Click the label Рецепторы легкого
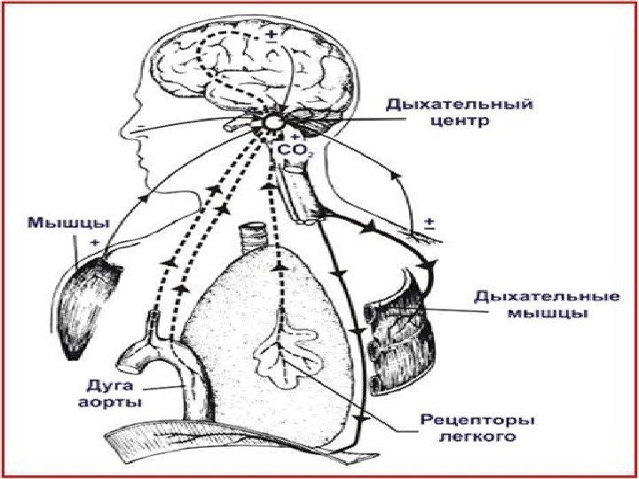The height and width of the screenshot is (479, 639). (466, 428)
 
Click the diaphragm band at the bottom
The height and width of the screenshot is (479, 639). (222, 444)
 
